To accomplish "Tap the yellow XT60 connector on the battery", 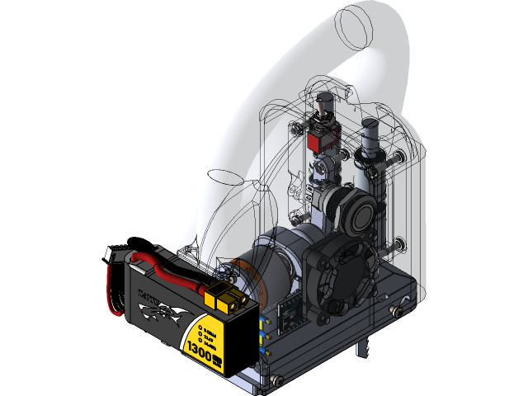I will click(225, 299).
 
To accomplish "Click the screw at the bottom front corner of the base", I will click(276, 380).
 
